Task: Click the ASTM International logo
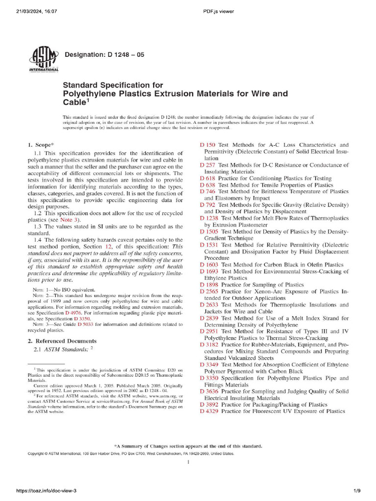pos(44,60)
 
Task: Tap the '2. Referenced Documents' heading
pos(62,341)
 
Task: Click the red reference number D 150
pos(208,145)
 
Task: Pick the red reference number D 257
pos(208,165)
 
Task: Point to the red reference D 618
pos(208,179)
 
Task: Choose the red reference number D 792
pos(208,205)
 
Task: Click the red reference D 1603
pos(210,265)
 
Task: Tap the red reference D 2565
pos(210,292)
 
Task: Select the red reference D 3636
pos(210,391)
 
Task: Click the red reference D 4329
pos(210,411)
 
